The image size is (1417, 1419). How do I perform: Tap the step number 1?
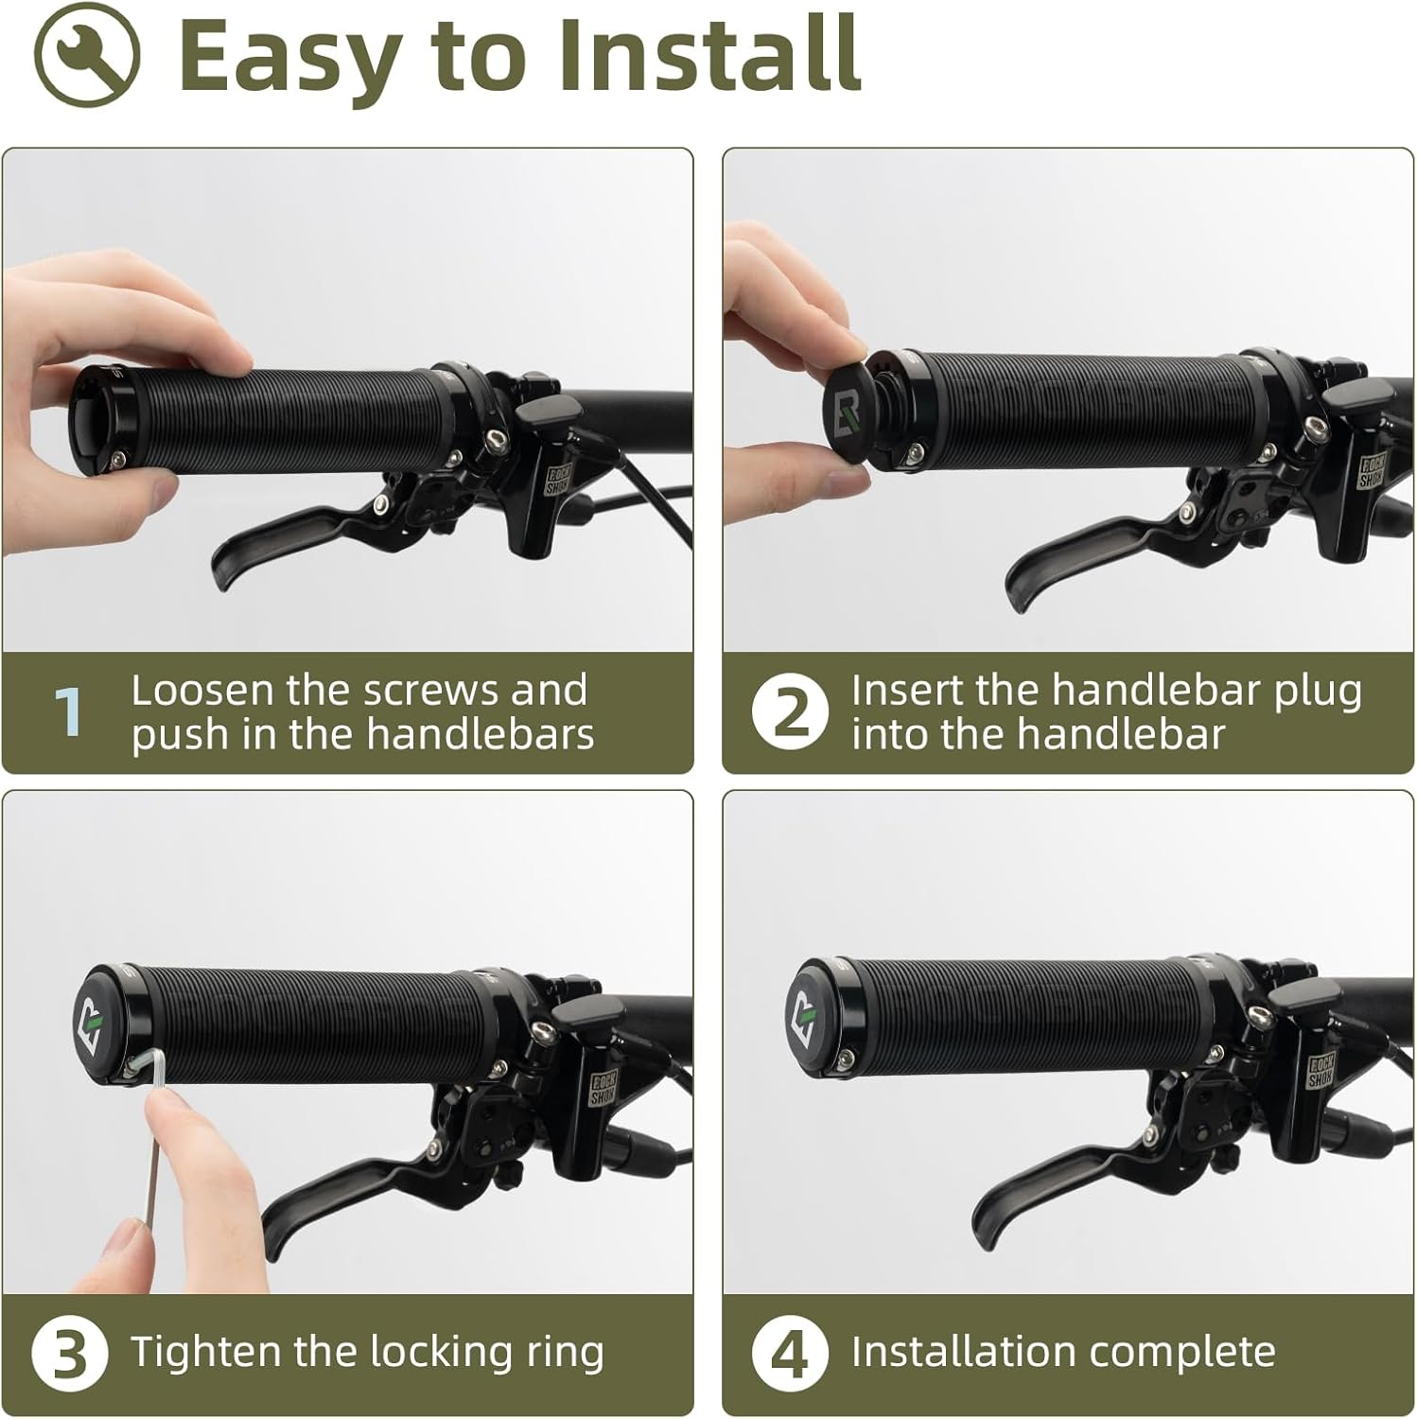point(68,711)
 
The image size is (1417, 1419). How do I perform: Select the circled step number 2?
point(791,712)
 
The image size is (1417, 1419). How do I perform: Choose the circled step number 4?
point(791,1354)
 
